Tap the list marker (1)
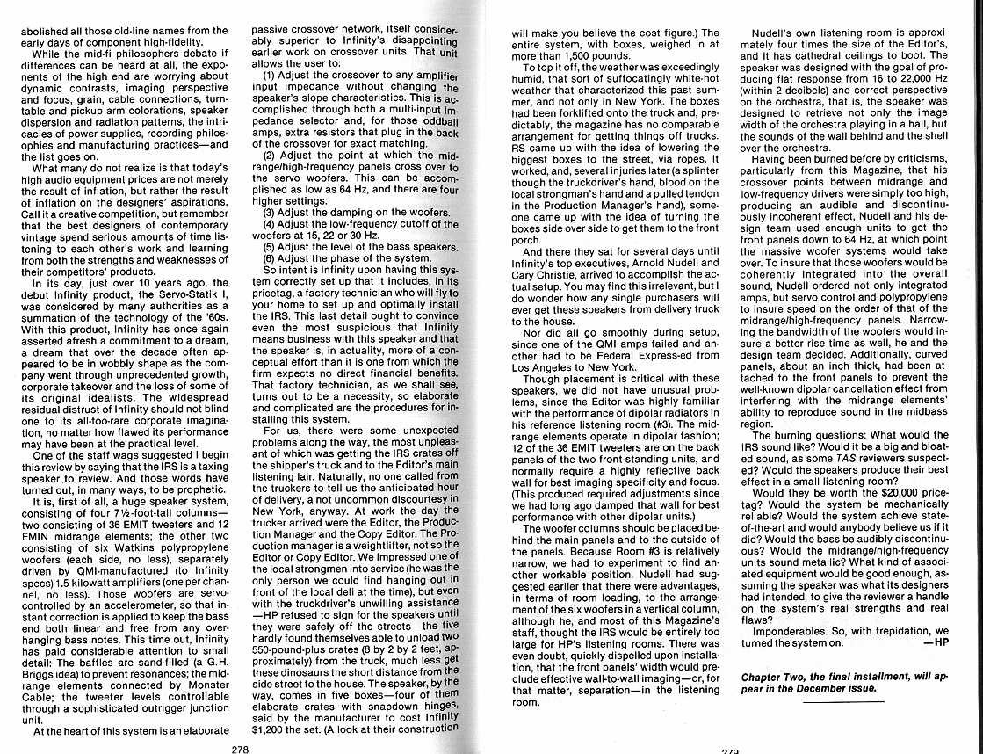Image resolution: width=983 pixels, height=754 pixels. coord(274,75)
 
